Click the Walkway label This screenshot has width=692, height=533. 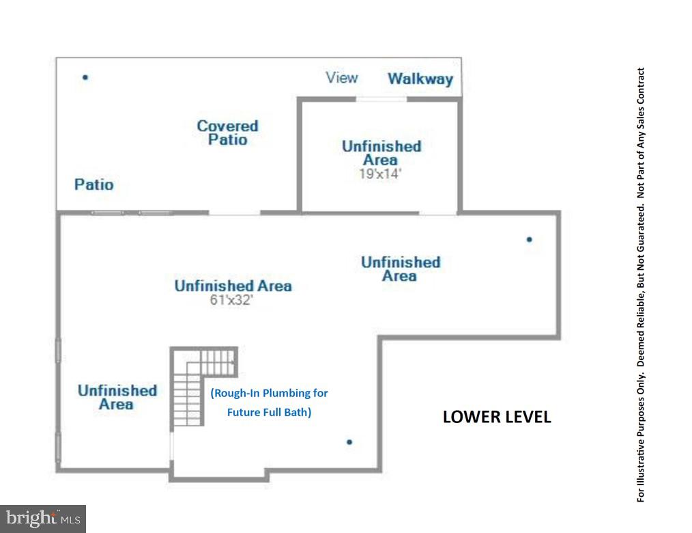[420, 79]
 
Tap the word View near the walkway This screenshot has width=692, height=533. [342, 78]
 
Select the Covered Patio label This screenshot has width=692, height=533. [227, 133]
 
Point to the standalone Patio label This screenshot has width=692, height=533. [94, 184]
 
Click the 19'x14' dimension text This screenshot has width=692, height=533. [380, 174]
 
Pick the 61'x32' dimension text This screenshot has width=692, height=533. [232, 300]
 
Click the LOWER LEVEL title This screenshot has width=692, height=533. [496, 417]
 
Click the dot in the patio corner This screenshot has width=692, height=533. [85, 77]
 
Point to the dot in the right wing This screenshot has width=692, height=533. [529, 240]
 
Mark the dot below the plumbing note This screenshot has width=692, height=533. [349, 442]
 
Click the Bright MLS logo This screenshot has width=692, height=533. [42, 519]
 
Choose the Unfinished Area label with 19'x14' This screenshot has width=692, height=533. [381, 152]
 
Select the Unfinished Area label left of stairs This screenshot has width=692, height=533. [117, 397]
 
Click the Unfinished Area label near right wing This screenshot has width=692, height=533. [400, 269]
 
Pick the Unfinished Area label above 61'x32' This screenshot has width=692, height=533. [233, 286]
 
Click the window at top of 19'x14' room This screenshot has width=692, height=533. [381, 100]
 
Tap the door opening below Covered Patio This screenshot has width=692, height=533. [234, 213]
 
